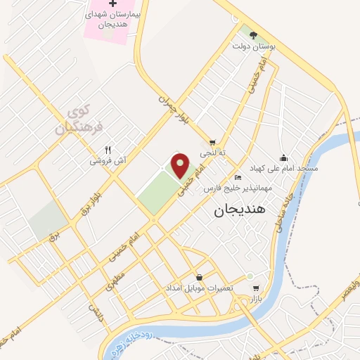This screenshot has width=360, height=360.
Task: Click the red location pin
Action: pos(181,165)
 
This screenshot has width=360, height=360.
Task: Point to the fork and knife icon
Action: pos(108,149)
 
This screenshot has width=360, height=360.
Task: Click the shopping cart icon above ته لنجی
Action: pos(212,142)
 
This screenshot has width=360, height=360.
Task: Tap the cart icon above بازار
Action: pos(255,287)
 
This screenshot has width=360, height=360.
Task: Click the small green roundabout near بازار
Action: pos(250,276)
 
